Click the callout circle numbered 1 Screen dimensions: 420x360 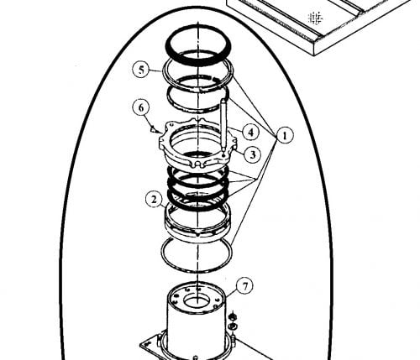285,136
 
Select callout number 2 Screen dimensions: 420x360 154,200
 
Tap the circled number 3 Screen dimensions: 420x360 252,154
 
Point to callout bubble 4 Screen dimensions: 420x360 251,132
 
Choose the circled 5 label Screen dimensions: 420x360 142,70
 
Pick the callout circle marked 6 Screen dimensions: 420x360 141,107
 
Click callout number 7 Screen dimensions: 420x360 245,286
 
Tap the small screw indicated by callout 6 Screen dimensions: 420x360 153,129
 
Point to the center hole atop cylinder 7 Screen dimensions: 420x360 196,301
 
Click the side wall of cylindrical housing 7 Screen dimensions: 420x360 196,330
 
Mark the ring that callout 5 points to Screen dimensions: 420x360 163,71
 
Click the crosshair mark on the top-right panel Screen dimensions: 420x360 315,18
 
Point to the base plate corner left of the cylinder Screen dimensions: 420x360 141,345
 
